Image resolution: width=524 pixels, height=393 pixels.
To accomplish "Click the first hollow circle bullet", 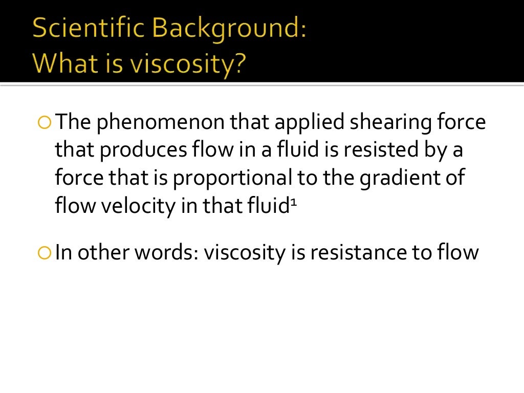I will click(45, 123).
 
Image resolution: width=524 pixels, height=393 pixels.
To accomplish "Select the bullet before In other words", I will click(45, 252).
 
